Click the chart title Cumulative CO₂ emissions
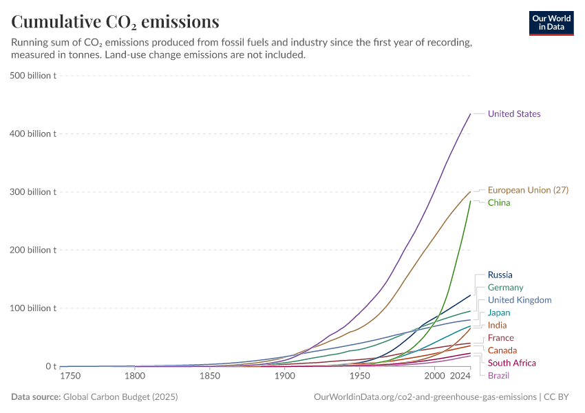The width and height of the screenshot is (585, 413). click(115, 22)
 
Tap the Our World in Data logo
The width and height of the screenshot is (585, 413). click(551, 23)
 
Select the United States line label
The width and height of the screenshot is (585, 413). click(514, 114)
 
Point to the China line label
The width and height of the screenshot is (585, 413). click(499, 203)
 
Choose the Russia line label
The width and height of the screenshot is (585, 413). click(500, 275)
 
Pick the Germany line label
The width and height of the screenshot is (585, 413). click(505, 288)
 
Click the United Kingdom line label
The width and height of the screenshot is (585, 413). click(520, 300)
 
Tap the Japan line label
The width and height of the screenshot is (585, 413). click(499, 313)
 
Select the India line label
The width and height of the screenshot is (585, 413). click(498, 326)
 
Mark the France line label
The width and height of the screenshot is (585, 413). click(500, 338)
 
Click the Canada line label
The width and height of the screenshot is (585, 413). click(502, 351)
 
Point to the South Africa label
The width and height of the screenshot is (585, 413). click(511, 363)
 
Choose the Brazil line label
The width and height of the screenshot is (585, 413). click(498, 376)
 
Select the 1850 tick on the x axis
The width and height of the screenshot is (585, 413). click(210, 377)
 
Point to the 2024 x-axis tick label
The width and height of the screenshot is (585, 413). click(460, 377)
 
